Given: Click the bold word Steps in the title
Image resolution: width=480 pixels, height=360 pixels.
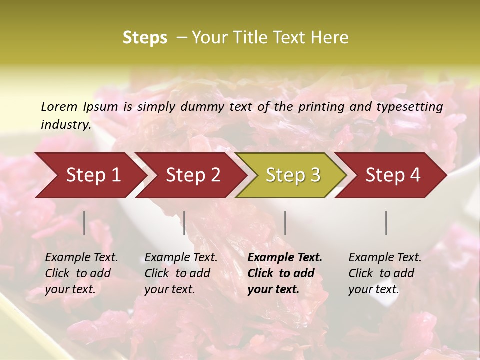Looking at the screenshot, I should [145, 38].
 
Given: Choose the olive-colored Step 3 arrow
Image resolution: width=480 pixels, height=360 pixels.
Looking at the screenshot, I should [293, 175].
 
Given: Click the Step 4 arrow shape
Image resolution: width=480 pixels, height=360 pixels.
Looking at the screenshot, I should [393, 175].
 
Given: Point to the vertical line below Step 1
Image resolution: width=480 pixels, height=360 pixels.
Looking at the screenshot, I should [84, 223].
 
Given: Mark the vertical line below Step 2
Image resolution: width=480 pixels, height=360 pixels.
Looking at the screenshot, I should [184, 223].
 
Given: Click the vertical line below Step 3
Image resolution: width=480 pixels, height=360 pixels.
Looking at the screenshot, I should [285, 223].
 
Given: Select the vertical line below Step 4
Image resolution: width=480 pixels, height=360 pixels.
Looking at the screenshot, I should [386, 223].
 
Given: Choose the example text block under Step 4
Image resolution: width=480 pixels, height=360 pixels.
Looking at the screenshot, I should [385, 273].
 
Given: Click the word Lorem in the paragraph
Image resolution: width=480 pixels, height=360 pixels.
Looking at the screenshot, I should [59, 106].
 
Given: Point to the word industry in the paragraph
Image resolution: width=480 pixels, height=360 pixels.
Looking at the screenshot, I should [66, 124].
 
